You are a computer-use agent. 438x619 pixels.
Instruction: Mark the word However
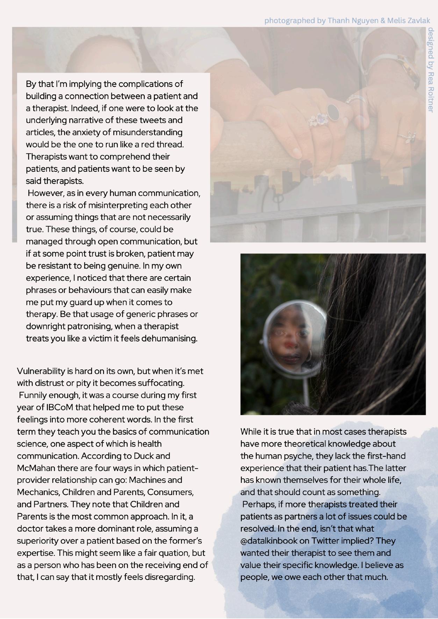[44, 193]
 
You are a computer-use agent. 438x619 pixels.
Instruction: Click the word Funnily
[33, 395]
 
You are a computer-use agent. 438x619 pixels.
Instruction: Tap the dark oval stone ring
[333, 112]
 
